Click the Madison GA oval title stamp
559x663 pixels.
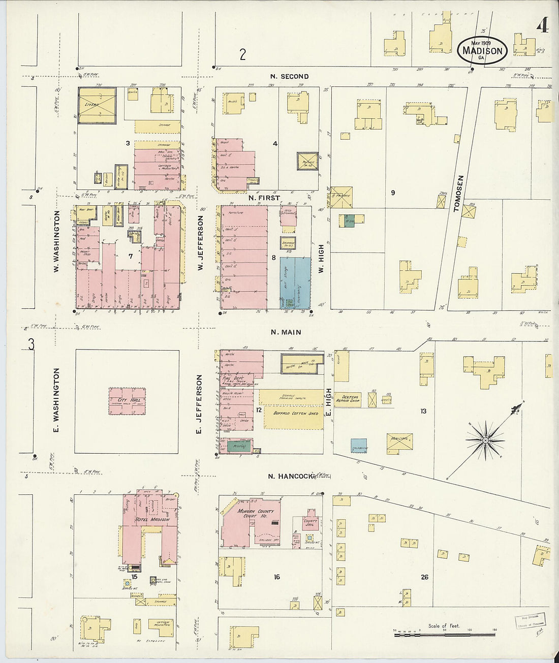(x=482, y=50)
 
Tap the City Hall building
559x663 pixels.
(x=127, y=401)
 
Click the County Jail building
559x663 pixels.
(x=310, y=522)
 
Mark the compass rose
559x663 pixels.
(x=485, y=440)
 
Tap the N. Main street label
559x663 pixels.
(x=286, y=332)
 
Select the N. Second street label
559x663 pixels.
(x=288, y=77)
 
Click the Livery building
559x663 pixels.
(x=97, y=105)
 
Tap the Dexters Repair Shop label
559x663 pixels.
(x=351, y=399)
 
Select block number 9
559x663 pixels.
(x=392, y=193)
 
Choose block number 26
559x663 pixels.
(x=424, y=577)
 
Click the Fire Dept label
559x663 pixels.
(x=231, y=378)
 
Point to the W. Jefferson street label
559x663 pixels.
(x=201, y=242)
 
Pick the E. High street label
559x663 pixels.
(x=329, y=401)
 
